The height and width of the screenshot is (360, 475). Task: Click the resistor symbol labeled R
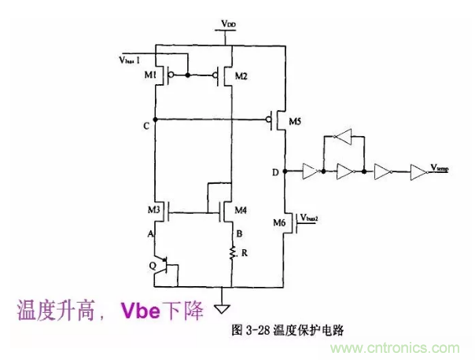coord(233,252)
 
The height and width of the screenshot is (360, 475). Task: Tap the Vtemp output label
coord(441,167)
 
